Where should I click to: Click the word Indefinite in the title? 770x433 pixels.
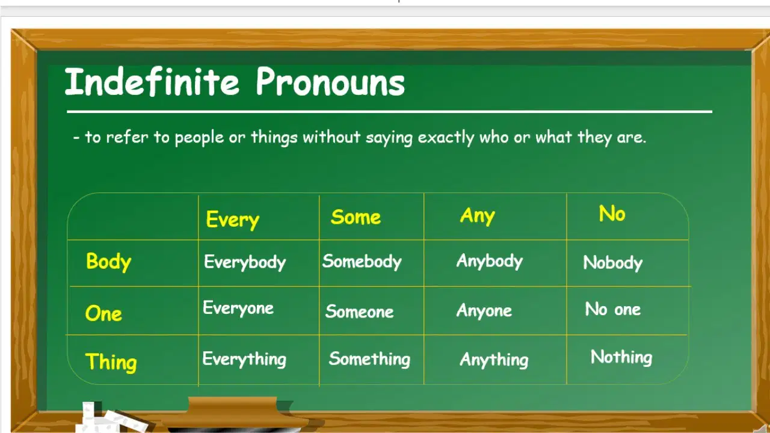tap(152, 81)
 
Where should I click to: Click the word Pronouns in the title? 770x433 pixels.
tap(330, 81)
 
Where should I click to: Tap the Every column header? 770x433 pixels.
tap(232, 220)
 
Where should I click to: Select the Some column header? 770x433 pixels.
tap(356, 217)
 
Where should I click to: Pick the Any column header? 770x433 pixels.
tap(478, 216)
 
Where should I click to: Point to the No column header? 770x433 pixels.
tap(612, 213)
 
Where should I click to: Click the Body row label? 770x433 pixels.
tap(108, 262)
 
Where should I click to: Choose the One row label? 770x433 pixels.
tap(103, 313)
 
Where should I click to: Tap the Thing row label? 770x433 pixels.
tap(111, 362)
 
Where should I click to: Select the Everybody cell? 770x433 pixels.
tap(245, 263)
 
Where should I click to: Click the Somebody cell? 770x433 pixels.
tap(362, 262)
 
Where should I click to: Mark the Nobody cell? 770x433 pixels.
tap(612, 263)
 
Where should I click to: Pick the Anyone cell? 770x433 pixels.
tap(484, 311)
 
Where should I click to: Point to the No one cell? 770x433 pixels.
tap(613, 309)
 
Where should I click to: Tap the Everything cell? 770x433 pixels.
tap(244, 359)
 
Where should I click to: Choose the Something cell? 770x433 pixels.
tap(369, 359)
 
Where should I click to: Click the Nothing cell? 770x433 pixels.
tap(621, 357)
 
